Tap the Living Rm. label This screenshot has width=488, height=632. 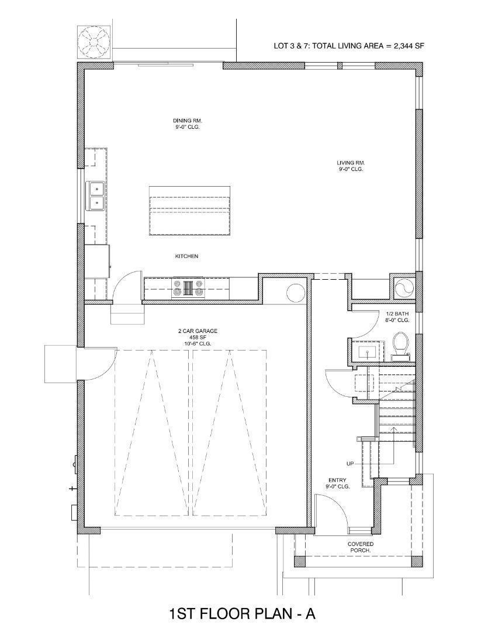pyautogui.click(x=351, y=166)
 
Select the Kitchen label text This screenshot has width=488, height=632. pyautogui.click(x=187, y=256)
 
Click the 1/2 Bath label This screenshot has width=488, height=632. pyautogui.click(x=397, y=317)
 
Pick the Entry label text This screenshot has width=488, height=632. pyautogui.click(x=338, y=483)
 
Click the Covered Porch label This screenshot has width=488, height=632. pyautogui.click(x=361, y=547)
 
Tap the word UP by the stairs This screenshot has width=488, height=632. pyautogui.click(x=350, y=463)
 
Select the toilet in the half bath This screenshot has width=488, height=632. pyautogui.click(x=401, y=344)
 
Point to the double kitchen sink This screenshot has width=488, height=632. pyautogui.click(x=95, y=195)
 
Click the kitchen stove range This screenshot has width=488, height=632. pyautogui.click(x=188, y=288)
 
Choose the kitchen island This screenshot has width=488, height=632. pyautogui.click(x=189, y=211)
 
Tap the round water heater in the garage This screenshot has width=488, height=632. pyautogui.click(x=296, y=292)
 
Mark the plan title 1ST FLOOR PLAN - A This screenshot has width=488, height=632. pyautogui.click(x=242, y=613)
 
